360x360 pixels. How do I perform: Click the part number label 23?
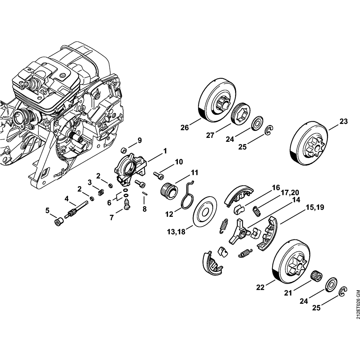pos(343,121)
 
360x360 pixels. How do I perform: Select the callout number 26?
pos(185,127)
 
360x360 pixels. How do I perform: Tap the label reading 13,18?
pos(176,232)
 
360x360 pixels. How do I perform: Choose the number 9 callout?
pos(140,140)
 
